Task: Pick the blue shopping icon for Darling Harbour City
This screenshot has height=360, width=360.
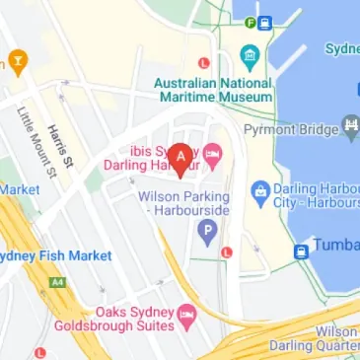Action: tap(259, 188)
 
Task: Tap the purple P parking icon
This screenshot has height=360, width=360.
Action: tap(207, 234)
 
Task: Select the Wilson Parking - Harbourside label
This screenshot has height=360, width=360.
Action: tap(183, 204)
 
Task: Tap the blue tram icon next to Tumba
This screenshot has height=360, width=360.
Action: tap(301, 250)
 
